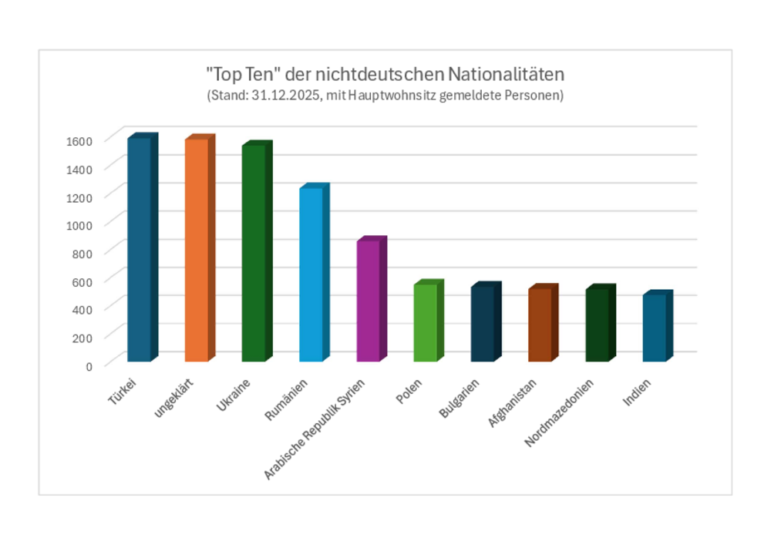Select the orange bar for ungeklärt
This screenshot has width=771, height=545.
[196, 250]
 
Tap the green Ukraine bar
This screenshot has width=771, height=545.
[253, 253]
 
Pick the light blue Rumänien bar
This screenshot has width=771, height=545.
[311, 274]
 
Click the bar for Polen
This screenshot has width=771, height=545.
[425, 322]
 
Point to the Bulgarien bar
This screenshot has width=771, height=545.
[482, 324]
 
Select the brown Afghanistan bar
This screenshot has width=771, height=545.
[540, 325]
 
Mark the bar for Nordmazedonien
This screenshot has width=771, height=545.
[597, 325]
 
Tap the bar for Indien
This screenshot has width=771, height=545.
[654, 328]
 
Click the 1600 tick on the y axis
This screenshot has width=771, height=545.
[79, 140]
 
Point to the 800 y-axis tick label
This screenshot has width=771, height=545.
[82, 253]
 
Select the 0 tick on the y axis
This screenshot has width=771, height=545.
[89, 365]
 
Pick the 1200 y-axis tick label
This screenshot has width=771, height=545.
[79, 197]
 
